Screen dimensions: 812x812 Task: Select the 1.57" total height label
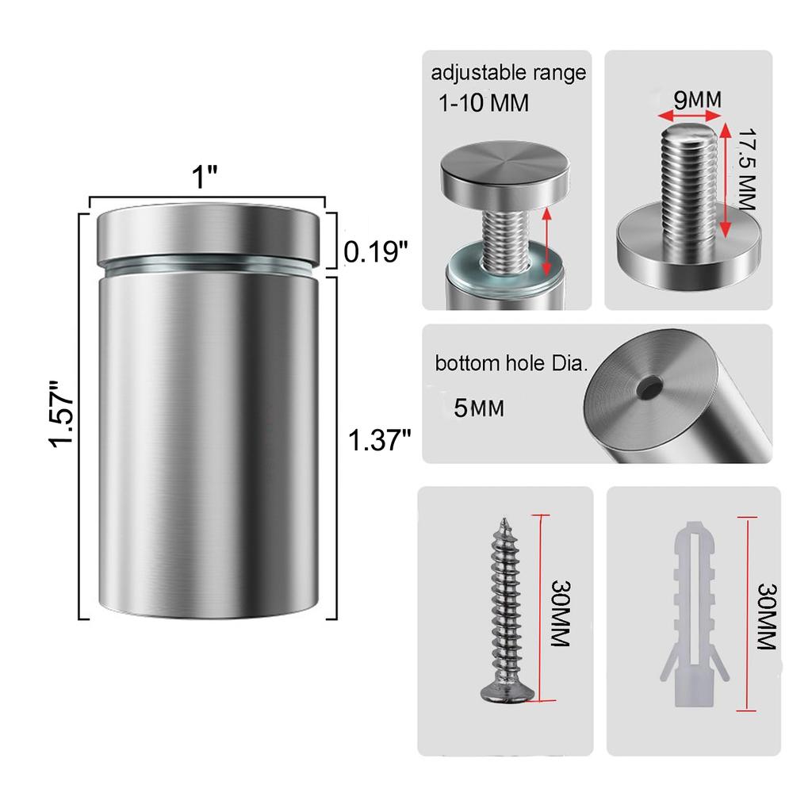pyautogui.click(x=61, y=413)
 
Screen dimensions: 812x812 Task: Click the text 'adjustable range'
pyautogui.click(x=508, y=74)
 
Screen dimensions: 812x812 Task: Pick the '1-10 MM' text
pyautogui.click(x=483, y=104)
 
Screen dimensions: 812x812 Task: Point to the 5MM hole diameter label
pyautogui.click(x=479, y=408)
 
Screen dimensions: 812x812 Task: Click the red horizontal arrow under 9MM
pyautogui.click(x=689, y=117)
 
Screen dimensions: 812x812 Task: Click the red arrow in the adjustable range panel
pyautogui.click(x=546, y=241)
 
